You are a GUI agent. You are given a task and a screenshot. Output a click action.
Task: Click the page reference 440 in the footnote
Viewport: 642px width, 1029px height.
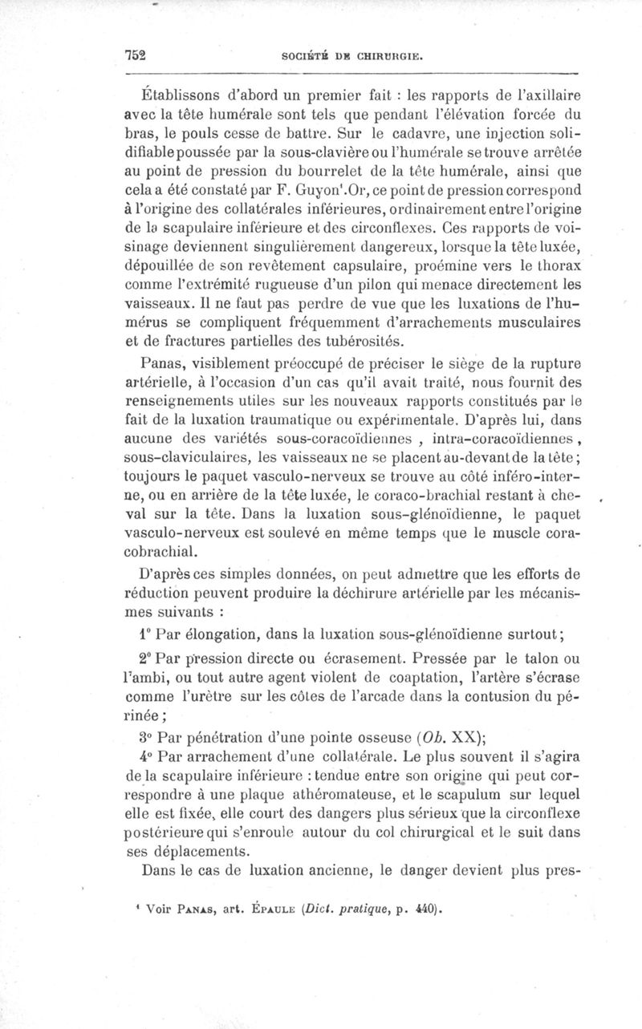pyautogui.click(x=425, y=910)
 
